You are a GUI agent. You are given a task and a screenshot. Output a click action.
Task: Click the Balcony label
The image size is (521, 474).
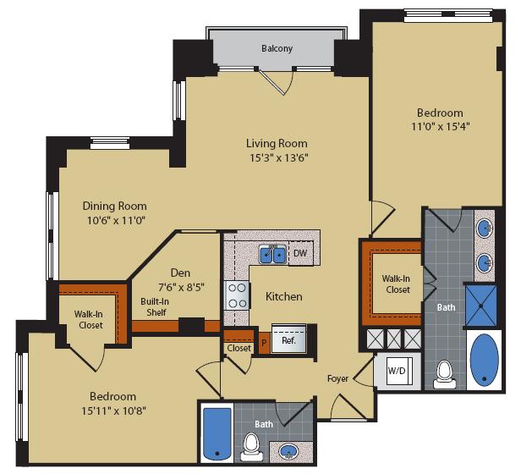pyautogui.click(x=277, y=48)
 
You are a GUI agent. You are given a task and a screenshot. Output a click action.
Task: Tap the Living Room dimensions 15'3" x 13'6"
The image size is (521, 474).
pyautogui.click(x=277, y=157)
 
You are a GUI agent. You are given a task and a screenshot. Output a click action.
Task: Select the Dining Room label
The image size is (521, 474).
pyautogui.click(x=114, y=206)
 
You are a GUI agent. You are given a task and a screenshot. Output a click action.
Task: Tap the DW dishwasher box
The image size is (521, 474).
pyautogui.click(x=300, y=253)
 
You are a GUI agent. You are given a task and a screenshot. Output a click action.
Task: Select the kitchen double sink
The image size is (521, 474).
pyautogui.click(x=272, y=253)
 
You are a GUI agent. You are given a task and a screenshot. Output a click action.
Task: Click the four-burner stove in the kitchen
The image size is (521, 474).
pyautogui.click(x=235, y=296)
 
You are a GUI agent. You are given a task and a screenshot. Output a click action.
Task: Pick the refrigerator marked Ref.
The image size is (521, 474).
pyautogui.click(x=288, y=341)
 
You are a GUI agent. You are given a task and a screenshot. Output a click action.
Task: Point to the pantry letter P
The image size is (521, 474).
pyautogui.click(x=264, y=343)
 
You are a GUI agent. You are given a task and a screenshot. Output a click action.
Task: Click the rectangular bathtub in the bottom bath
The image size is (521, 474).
pyautogui.click(x=218, y=433)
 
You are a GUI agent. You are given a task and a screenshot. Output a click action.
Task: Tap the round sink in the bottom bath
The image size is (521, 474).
pyautogui.click(x=290, y=452)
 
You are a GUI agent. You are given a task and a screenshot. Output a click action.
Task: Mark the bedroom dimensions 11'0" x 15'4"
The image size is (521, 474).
pyautogui.click(x=439, y=127)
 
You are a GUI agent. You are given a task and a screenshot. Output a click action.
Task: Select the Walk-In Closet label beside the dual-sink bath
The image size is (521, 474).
pyautogui.click(x=396, y=284)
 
